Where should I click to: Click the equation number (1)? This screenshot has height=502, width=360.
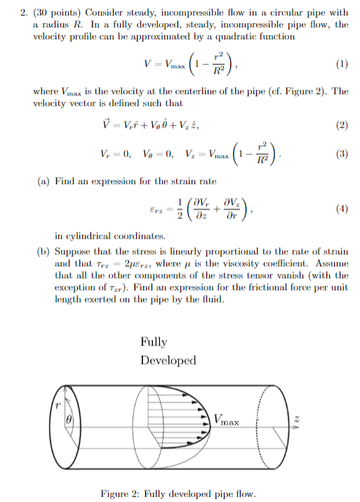341,65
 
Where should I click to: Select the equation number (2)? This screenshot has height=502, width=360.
341,126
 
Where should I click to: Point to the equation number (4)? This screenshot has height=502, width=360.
341,209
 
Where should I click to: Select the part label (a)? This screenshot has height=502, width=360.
43,181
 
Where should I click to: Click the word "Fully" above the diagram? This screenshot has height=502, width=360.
154,342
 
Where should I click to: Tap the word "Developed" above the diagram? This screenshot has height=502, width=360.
168,360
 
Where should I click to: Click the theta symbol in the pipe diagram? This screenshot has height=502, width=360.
69,420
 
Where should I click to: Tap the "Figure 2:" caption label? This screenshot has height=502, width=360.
121,494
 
